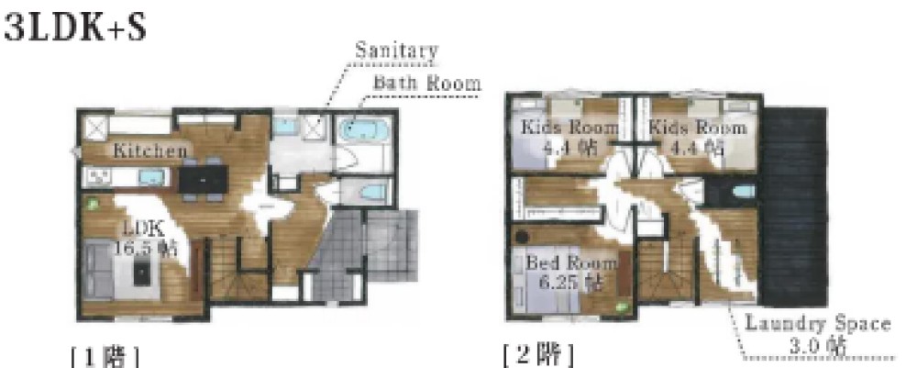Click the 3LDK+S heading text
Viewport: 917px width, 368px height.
[75, 28]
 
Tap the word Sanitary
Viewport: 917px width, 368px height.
[396, 50]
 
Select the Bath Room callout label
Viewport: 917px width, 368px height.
[426, 83]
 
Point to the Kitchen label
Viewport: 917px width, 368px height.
[150, 151]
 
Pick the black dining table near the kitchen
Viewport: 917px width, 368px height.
[203, 178]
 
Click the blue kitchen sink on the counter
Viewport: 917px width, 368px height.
[150, 177]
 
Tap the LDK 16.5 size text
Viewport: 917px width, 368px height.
[145, 240]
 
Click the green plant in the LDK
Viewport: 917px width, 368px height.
[91, 204]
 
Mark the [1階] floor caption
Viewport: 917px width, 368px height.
[105, 356]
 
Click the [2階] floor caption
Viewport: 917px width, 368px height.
[538, 354]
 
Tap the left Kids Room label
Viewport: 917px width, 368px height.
[569, 137]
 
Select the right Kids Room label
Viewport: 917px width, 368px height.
[697, 137]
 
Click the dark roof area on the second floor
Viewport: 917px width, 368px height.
[793, 206]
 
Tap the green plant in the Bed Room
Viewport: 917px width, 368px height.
[622, 306]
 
